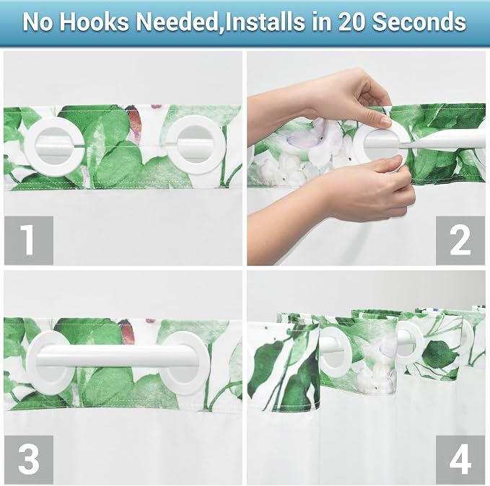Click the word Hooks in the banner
pyautogui.click(x=94, y=22)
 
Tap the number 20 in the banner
pyautogui.click(x=352, y=22)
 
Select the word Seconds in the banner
pyautogui.click(x=419, y=22)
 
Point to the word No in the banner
pyautogui.click(x=38, y=22)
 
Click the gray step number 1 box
pyautogui.click(x=29, y=241)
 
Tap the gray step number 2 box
pyautogui.click(x=460, y=241)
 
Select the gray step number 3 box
pyautogui.click(x=29, y=459)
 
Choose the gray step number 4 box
pyautogui.click(x=460, y=459)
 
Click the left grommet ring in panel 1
pyautogui.click(x=29, y=147)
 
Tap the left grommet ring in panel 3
pyautogui.click(x=31, y=362)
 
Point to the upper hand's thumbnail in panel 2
pyautogui.click(x=386, y=120)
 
